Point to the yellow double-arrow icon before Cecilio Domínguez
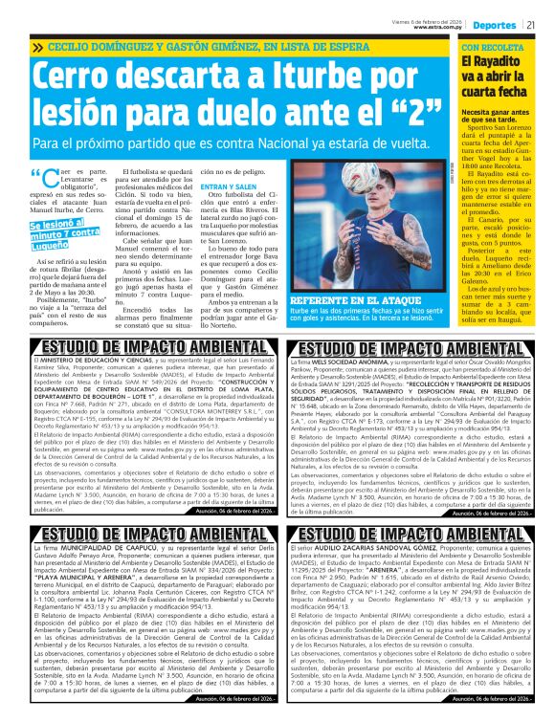[36, 46]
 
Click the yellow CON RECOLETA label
[491, 46]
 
